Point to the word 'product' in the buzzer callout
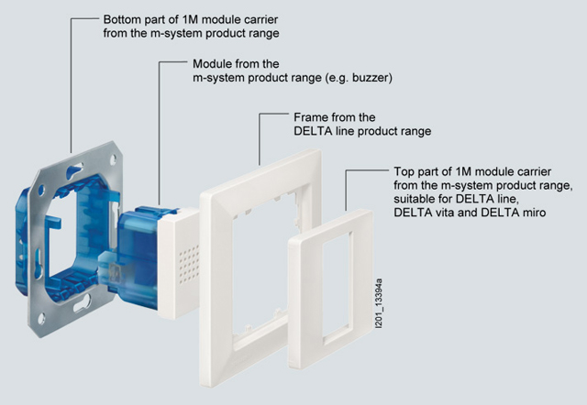point(278,79)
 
